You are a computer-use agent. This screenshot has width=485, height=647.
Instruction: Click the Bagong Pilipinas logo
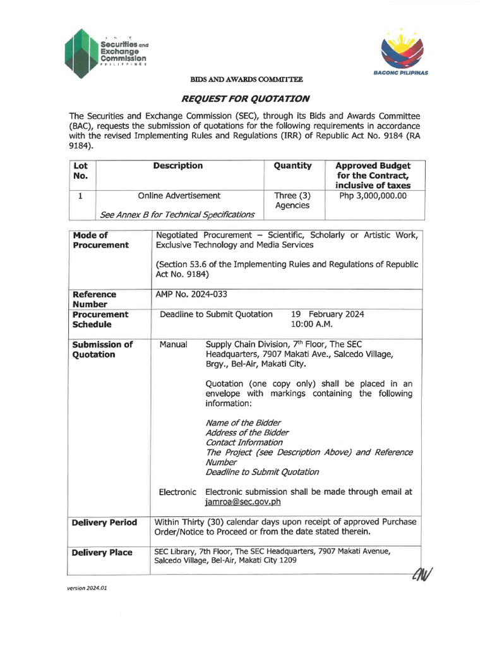click(404, 54)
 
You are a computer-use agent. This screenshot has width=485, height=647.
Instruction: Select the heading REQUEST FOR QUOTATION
click(245, 99)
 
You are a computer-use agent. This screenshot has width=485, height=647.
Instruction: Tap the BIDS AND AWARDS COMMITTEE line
click(246, 80)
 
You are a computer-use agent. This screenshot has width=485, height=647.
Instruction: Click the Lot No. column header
click(81, 171)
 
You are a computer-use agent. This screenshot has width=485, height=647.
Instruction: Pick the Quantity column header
click(292, 166)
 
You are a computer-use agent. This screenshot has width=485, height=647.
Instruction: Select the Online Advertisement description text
click(179, 196)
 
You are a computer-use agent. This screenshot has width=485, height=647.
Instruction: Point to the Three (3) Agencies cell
click(292, 201)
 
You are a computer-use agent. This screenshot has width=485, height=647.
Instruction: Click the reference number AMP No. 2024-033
click(191, 294)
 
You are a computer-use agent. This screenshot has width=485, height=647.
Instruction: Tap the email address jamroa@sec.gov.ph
click(243, 502)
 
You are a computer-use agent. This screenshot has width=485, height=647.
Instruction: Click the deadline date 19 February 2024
click(327, 314)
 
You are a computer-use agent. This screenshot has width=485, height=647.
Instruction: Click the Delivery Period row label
click(104, 523)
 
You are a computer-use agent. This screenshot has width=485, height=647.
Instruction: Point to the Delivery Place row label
click(102, 552)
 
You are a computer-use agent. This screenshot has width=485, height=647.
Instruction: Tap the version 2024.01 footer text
click(88, 588)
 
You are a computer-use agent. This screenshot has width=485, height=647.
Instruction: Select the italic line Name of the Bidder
click(243, 423)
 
